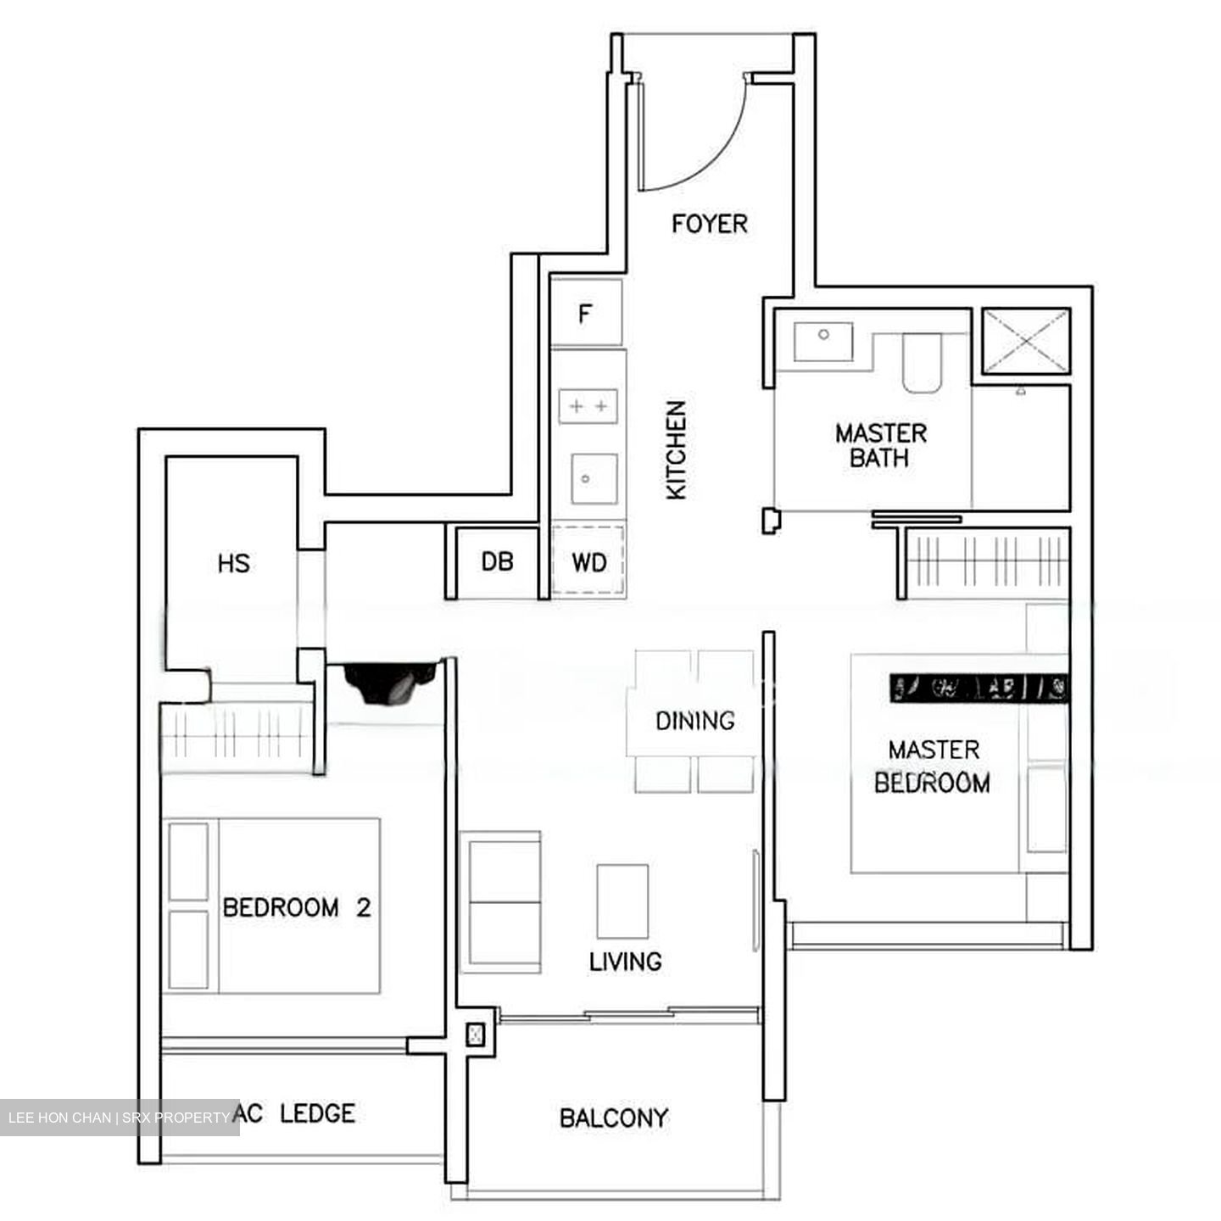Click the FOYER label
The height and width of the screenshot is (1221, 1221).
[710, 224]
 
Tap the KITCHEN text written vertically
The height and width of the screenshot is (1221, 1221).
[676, 450]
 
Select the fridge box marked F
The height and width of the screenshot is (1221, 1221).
[585, 314]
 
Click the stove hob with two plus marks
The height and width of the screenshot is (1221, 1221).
[588, 406]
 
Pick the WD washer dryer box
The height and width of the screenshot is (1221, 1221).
[588, 562]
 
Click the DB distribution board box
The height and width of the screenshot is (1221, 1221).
[497, 561]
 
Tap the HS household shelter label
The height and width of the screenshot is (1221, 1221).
[233, 563]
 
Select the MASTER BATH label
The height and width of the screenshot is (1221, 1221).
[880, 446]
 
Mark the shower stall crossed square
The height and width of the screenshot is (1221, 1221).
[1026, 340]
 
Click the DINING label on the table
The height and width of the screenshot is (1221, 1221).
[694, 721]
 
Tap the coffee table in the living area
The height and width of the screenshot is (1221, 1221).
[622, 900]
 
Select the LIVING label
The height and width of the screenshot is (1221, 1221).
[626, 962]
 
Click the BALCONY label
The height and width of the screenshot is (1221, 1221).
[614, 1118]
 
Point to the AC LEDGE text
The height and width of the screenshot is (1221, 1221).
[294, 1113]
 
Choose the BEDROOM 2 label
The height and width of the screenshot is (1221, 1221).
[297, 908]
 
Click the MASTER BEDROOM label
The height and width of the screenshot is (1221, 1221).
[933, 767]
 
